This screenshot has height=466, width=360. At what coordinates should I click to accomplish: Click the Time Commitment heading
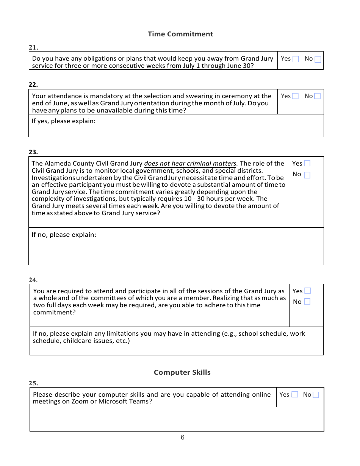[x=180, y=34]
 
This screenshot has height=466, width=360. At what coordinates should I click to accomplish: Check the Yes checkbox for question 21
[x=296, y=59]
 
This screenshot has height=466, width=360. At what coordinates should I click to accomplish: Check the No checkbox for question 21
[x=318, y=59]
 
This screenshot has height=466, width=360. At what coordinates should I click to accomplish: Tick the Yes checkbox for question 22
[x=295, y=96]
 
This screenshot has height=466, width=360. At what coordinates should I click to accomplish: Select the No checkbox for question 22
[x=317, y=96]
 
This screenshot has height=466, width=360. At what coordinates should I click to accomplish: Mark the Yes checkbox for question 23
[x=307, y=163]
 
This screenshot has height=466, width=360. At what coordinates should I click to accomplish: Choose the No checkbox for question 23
[x=307, y=175]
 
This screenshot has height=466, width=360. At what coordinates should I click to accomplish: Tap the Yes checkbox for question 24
[x=307, y=291]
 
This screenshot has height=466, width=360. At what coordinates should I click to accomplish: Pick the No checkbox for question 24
[x=307, y=302]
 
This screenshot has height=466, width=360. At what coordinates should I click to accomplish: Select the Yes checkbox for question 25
[x=294, y=394]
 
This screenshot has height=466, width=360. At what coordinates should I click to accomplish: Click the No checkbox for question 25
[x=316, y=394]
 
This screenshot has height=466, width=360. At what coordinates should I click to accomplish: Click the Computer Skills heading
[x=182, y=372]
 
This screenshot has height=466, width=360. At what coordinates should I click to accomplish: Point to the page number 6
[x=183, y=438]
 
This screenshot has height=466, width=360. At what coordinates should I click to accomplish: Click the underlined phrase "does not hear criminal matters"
[x=191, y=164]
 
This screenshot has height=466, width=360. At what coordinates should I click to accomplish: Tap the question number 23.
[x=33, y=152]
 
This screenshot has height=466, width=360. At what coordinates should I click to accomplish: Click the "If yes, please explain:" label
[x=64, y=121]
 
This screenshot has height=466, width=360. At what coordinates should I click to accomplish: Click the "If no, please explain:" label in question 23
[x=64, y=235]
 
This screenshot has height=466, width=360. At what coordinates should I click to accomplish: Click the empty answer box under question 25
[x=177, y=419]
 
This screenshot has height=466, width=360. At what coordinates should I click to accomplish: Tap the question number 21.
[x=33, y=47]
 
